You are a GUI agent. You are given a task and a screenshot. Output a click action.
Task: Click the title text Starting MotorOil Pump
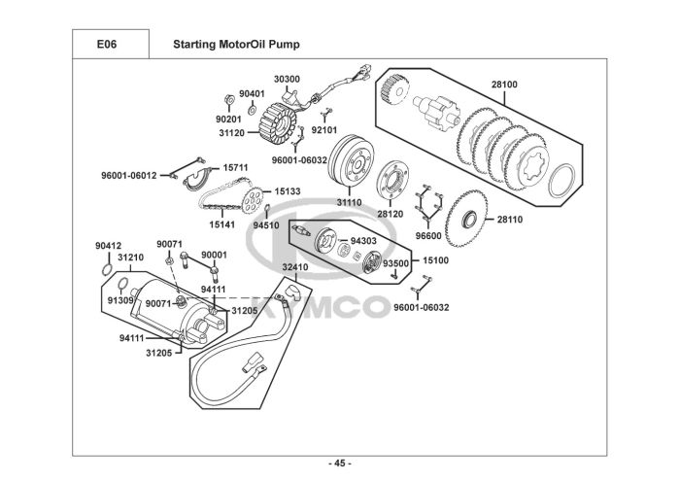236,44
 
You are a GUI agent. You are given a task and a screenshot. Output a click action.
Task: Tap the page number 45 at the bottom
340,462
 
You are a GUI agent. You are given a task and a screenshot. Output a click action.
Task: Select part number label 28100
503,85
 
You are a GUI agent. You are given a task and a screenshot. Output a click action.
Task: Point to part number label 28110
509,220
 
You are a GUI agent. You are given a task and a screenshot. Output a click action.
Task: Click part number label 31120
230,132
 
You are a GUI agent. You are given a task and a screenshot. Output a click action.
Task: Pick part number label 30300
286,78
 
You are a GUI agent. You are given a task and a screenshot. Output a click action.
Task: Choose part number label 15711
236,167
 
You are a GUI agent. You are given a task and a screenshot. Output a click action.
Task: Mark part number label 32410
295,266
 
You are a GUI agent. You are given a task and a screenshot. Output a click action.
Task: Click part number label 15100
434,260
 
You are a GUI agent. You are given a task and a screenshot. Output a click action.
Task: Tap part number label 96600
427,235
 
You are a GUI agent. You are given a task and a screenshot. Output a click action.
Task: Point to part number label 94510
266,224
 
